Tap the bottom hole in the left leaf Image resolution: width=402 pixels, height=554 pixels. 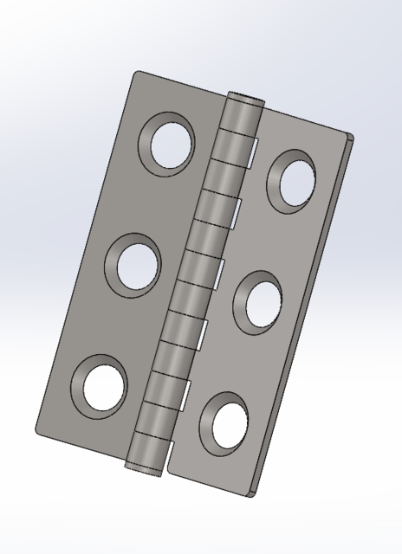100,386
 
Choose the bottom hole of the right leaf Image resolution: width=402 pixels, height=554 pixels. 223,422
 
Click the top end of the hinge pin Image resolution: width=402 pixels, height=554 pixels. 244,97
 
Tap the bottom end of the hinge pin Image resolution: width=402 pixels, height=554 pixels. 142,468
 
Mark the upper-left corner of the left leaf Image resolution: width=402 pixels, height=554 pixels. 134,72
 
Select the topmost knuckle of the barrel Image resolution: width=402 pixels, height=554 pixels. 240,116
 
